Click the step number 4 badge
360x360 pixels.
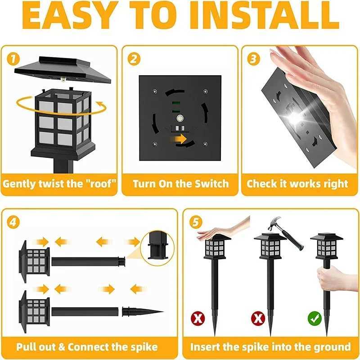pyautogui.click(x=13, y=221)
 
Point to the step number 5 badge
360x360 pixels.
pyautogui.click(x=194, y=221)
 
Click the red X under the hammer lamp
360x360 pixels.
pyautogui.click(x=257, y=319)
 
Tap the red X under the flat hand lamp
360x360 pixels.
pyautogui.click(x=198, y=319)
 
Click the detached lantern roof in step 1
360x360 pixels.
pyautogui.click(x=63, y=70)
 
